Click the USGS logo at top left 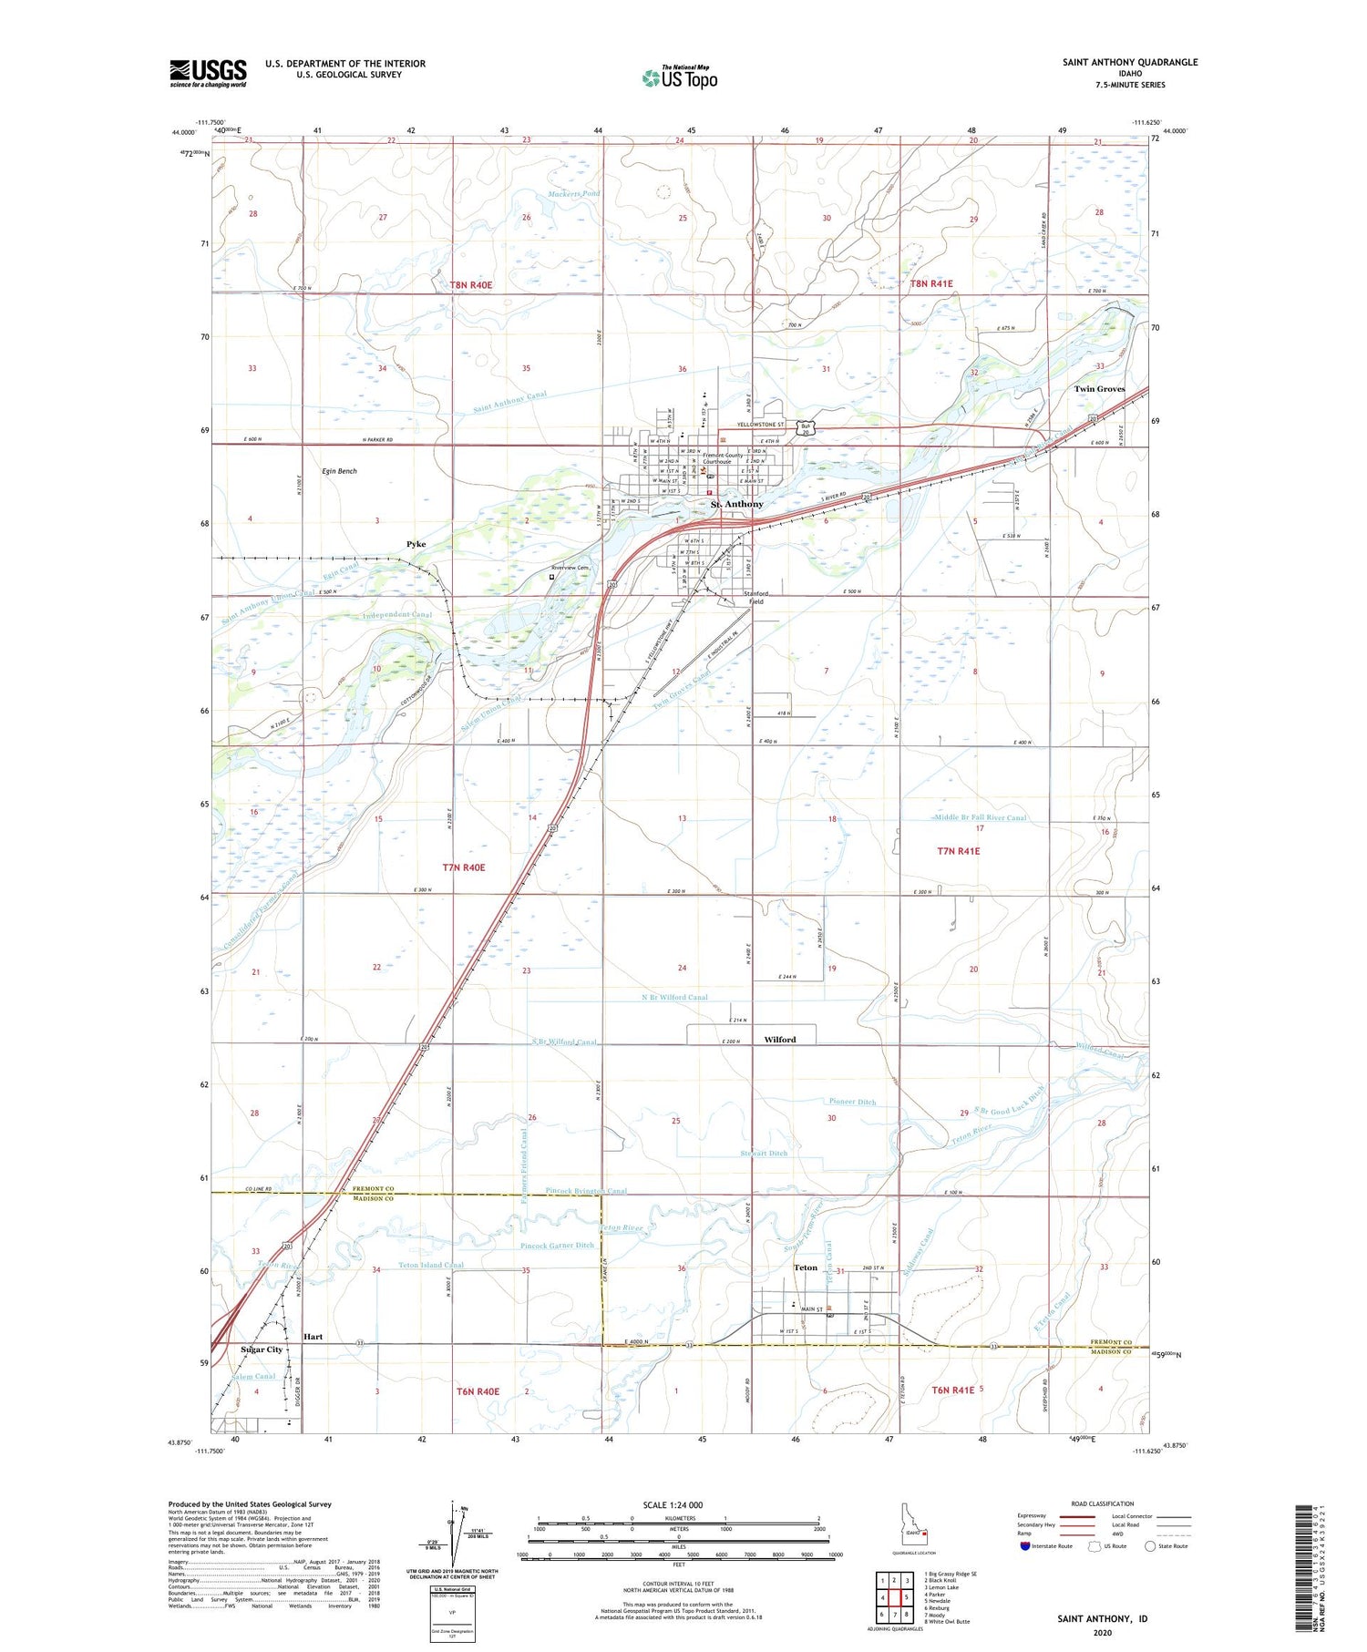[x=208, y=73]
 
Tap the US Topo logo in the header [x=680, y=77]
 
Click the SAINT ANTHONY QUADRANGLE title [x=1129, y=62]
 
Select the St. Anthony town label [x=737, y=504]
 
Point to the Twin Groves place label [x=1098, y=389]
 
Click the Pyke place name [x=416, y=544]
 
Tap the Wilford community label [x=779, y=1040]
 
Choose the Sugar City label [x=262, y=1349]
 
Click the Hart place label [x=313, y=1337]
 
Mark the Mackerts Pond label [x=574, y=194]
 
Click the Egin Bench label [x=340, y=471]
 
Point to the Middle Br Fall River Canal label [x=981, y=817]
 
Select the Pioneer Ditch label [x=852, y=1102]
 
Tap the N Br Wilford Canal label [x=673, y=997]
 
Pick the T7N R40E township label [x=463, y=867]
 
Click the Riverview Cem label [x=572, y=568]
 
